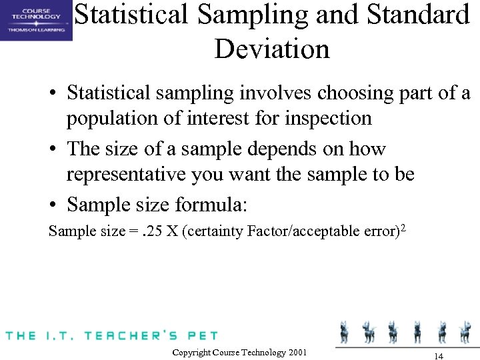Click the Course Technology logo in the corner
(x=36, y=20)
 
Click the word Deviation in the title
(x=272, y=49)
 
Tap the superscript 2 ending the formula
(x=403, y=229)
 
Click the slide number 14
(x=438, y=355)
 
